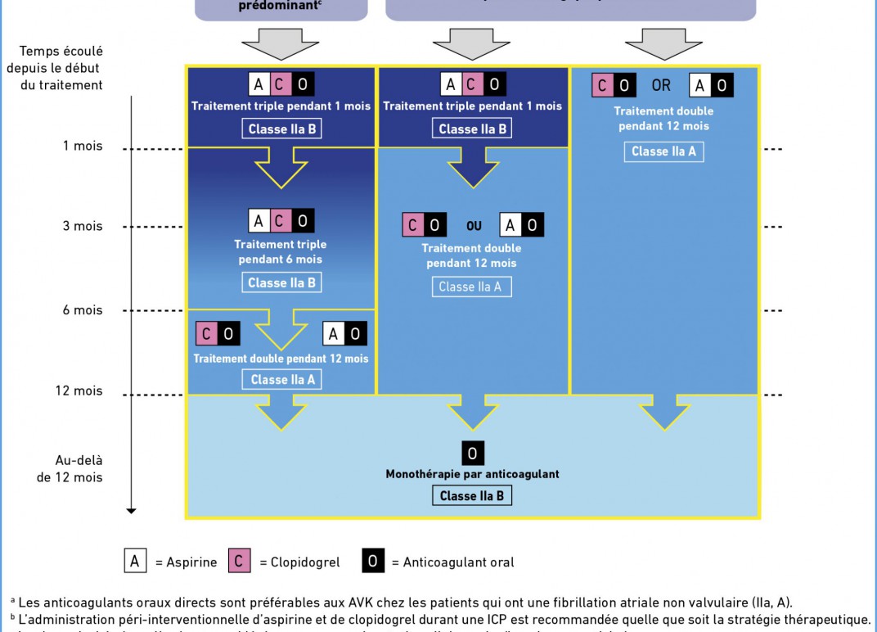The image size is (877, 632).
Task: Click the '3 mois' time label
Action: (x=83, y=226)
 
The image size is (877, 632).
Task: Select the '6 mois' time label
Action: (x=83, y=310)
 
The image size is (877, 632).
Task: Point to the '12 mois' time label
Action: (x=79, y=390)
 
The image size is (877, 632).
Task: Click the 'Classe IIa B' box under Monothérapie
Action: (x=472, y=495)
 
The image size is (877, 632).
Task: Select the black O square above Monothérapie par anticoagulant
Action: (x=473, y=454)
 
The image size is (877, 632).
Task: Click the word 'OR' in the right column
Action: (x=661, y=85)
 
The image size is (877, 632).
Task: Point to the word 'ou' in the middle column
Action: (x=474, y=226)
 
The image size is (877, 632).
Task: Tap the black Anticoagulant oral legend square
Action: (x=373, y=561)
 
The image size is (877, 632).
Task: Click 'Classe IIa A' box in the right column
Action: (x=663, y=151)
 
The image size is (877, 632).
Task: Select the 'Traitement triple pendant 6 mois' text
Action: (x=281, y=252)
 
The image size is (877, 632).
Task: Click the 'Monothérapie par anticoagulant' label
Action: (x=472, y=474)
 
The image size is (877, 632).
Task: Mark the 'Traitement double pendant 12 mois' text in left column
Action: (x=281, y=359)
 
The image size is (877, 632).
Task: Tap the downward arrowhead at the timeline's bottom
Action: (x=131, y=511)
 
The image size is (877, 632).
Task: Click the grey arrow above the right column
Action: (x=664, y=43)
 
